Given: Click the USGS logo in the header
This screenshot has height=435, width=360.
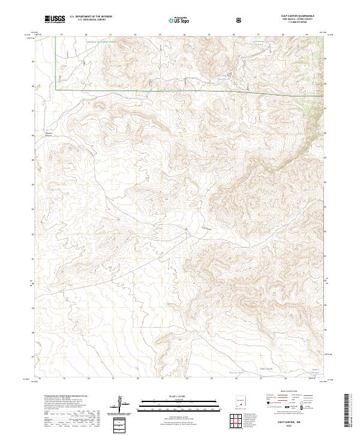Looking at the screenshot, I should [x=55, y=20].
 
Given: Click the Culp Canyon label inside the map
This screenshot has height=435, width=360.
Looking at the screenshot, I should [x=205, y=227].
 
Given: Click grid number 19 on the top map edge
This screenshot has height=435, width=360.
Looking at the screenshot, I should [x=63, y=35].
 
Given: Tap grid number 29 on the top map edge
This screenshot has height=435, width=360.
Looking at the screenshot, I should [x=307, y=35].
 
